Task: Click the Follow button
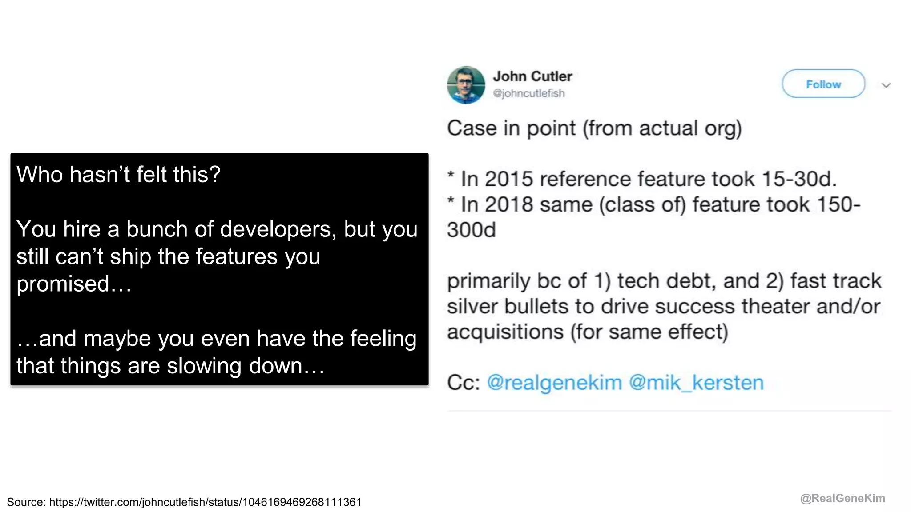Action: (x=823, y=84)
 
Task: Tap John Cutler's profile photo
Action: (x=466, y=85)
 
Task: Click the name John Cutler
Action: (x=532, y=76)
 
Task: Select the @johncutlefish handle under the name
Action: (x=529, y=93)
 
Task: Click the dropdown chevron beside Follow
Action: (x=886, y=85)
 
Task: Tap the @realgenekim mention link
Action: (x=554, y=383)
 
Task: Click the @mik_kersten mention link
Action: (x=696, y=383)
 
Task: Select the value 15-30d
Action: (x=799, y=179)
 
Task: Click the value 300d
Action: (x=471, y=230)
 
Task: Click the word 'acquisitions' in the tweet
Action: (x=505, y=332)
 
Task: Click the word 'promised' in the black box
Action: (x=63, y=284)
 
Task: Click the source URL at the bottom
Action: (x=205, y=502)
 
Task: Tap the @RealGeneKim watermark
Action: (x=842, y=498)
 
